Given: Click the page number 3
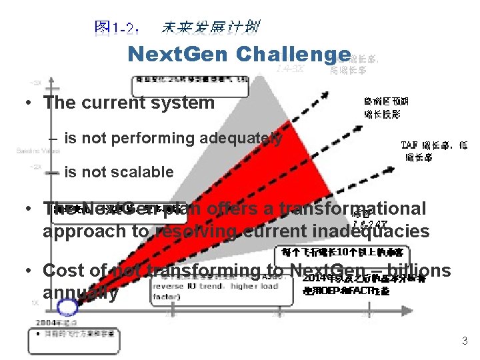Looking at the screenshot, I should coord(465,341).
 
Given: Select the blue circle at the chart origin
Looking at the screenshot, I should coord(67,307).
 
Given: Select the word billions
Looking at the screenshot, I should coord(418,271).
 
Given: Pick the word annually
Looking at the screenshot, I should coord(81,293).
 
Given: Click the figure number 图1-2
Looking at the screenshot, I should coord(117,27).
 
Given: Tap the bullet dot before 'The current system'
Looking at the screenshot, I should coord(27,103).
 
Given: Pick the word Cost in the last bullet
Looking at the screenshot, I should coord(63,271).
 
